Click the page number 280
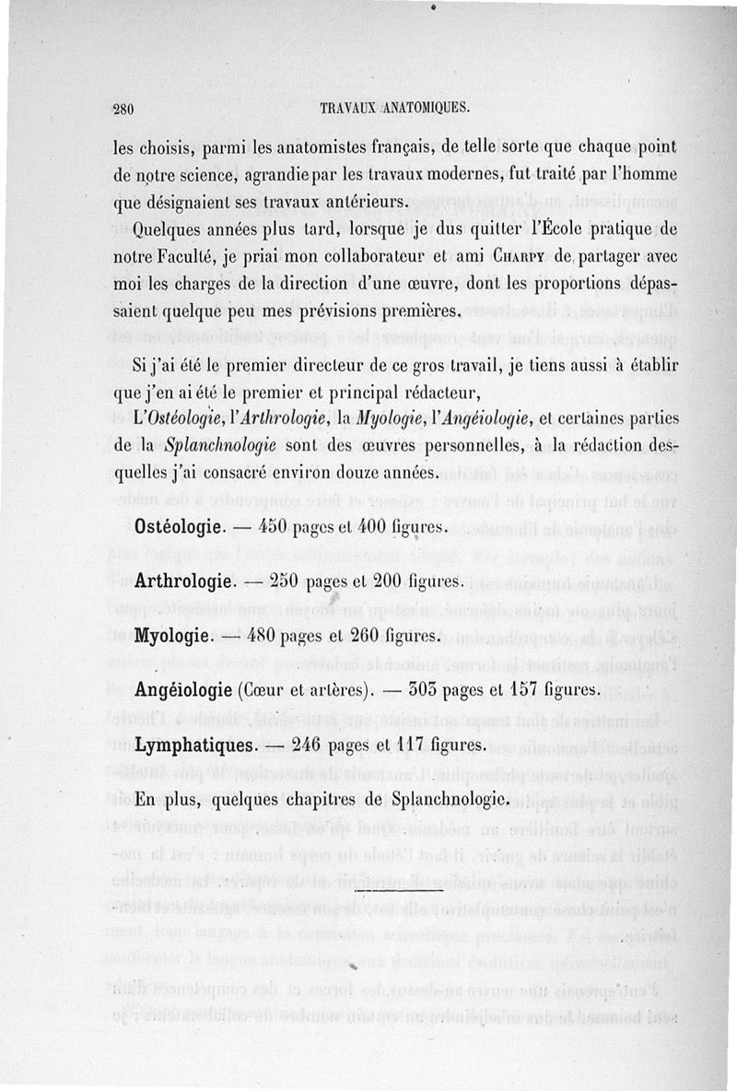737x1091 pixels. point(124,107)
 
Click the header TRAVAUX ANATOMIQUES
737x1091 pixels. point(394,107)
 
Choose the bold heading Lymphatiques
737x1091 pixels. point(194,744)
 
